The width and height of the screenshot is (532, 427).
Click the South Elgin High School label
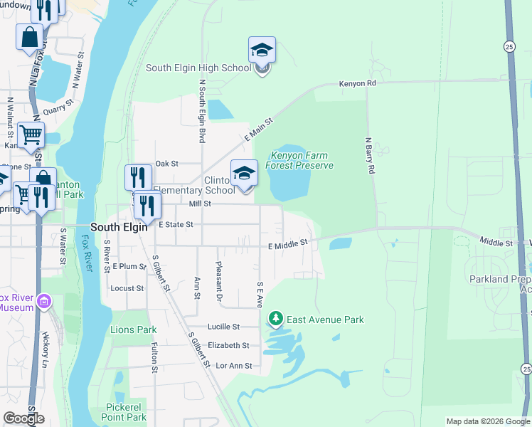click(x=198, y=68)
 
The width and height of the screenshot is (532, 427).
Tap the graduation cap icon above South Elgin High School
click(x=262, y=51)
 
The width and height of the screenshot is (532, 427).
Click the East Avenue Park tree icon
click(x=275, y=320)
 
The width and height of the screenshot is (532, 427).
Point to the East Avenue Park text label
click(x=325, y=320)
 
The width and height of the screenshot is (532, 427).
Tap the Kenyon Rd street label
click(x=357, y=83)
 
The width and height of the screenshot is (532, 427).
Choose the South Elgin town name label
click(x=119, y=227)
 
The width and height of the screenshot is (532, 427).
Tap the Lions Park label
click(x=133, y=330)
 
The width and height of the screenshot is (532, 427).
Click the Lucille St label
click(x=224, y=327)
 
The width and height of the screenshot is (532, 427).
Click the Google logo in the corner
click(x=23, y=418)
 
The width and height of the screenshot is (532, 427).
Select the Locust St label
click(x=127, y=288)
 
